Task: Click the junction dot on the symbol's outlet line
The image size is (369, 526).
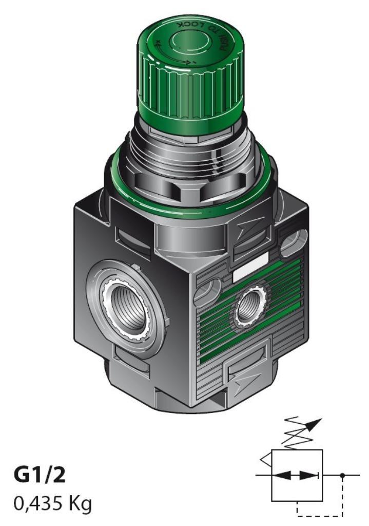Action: coord(343,475)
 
